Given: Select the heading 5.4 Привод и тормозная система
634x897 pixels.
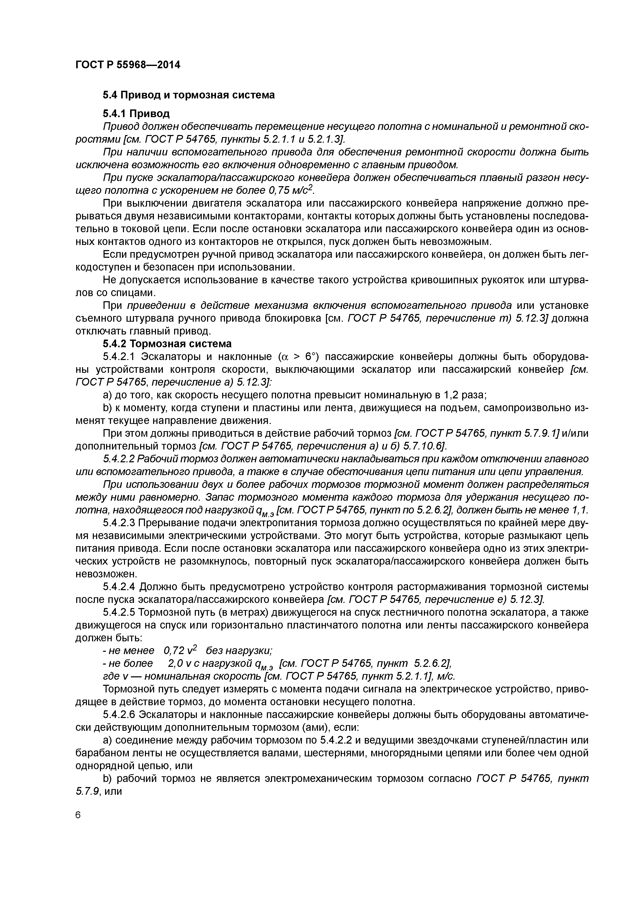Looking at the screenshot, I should [x=189, y=95].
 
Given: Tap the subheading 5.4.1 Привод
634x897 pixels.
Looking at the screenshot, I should [x=136, y=114].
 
